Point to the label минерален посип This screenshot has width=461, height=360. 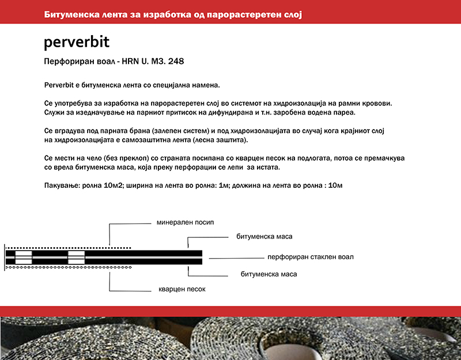[180, 222]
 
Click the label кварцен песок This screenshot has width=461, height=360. [182, 289]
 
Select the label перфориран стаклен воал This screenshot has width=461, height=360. [310, 257]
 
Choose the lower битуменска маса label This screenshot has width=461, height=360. [269, 274]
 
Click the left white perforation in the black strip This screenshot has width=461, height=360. [24, 257]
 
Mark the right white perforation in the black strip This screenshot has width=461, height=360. [76, 257]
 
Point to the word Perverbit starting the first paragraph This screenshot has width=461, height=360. [61, 85]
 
